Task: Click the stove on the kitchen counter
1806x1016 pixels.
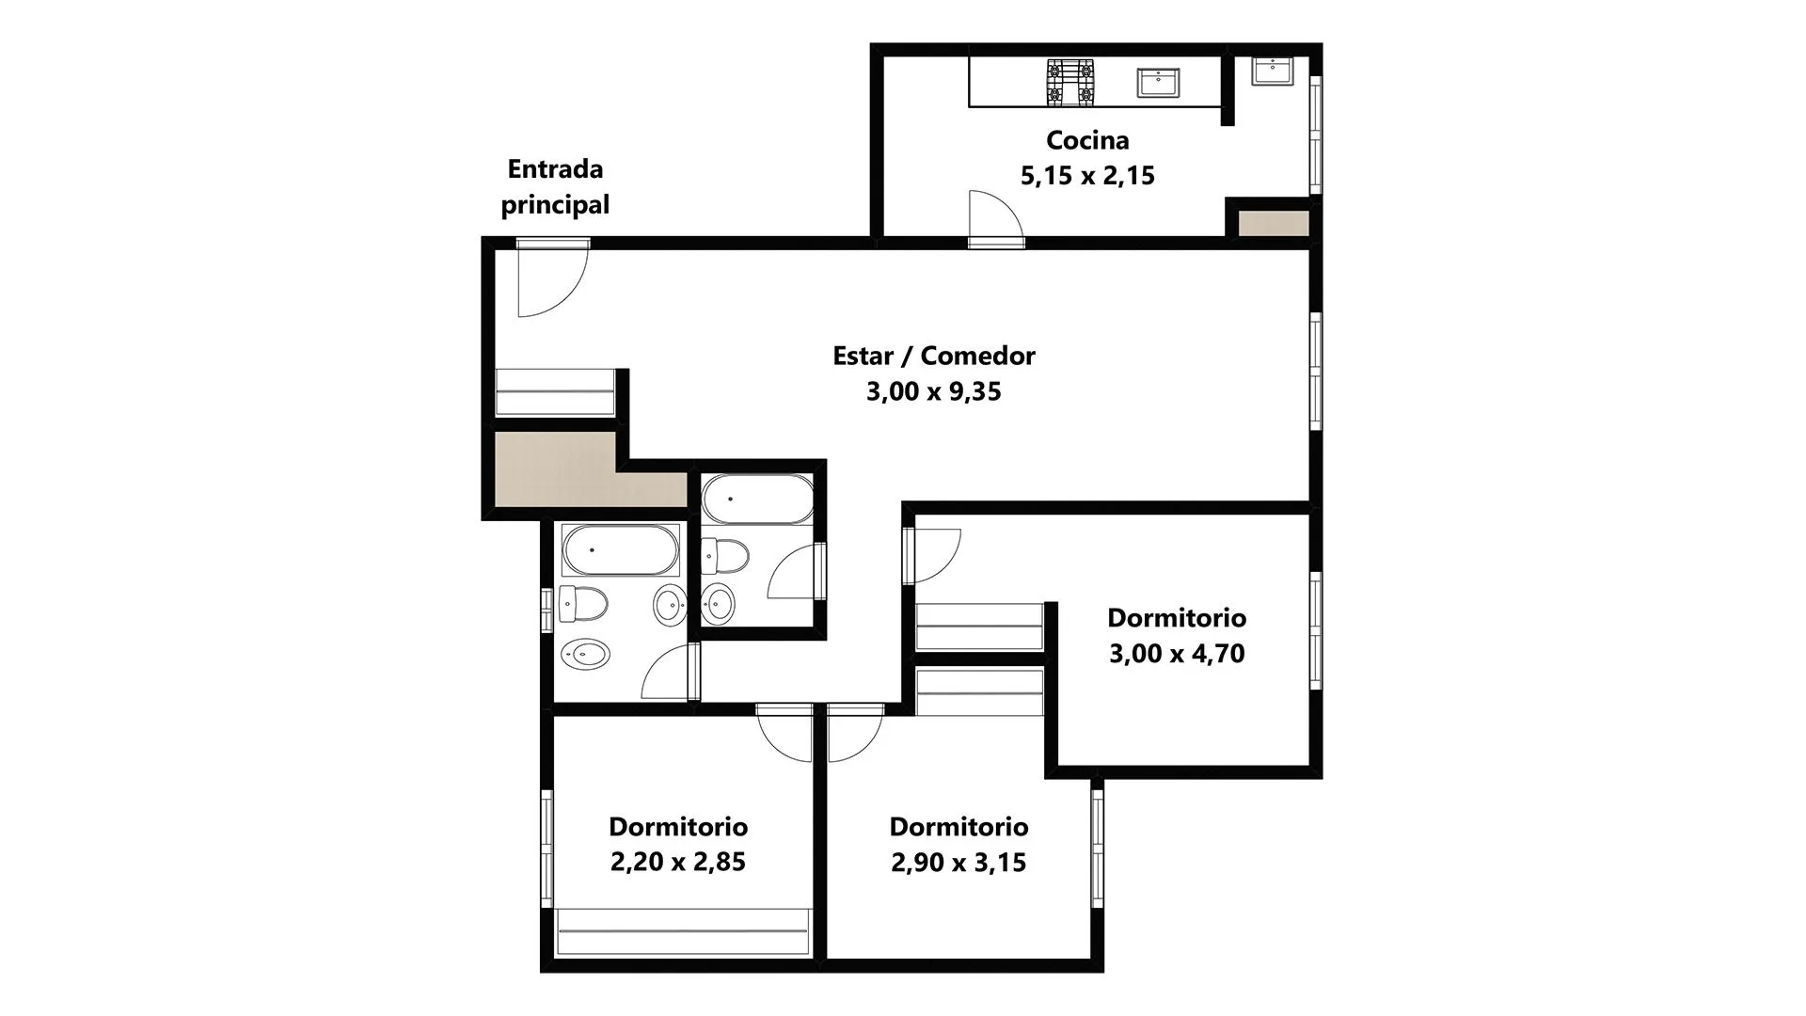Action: coord(1071,82)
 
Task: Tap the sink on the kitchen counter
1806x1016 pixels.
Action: coord(1158,82)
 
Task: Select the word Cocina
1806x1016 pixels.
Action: coord(1087,140)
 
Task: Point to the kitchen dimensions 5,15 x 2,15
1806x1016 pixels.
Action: coord(1087,176)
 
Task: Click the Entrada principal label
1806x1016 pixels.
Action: coord(555,187)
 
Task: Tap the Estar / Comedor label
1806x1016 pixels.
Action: coord(934,356)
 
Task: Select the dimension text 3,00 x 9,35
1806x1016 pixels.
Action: coord(934,391)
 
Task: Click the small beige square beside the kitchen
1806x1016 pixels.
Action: coord(1274,224)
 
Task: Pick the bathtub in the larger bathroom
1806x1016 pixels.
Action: coord(620,550)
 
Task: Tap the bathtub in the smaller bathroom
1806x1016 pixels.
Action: coord(758,500)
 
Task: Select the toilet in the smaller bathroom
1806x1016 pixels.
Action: coord(725,555)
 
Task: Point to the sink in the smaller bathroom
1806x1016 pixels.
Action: coord(719,602)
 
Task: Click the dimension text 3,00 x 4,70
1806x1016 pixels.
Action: coord(1177,654)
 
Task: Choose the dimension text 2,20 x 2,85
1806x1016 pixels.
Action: coord(678,862)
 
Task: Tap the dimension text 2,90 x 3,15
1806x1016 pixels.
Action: coord(958,862)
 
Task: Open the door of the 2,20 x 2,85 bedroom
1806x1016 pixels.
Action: coord(786,734)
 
